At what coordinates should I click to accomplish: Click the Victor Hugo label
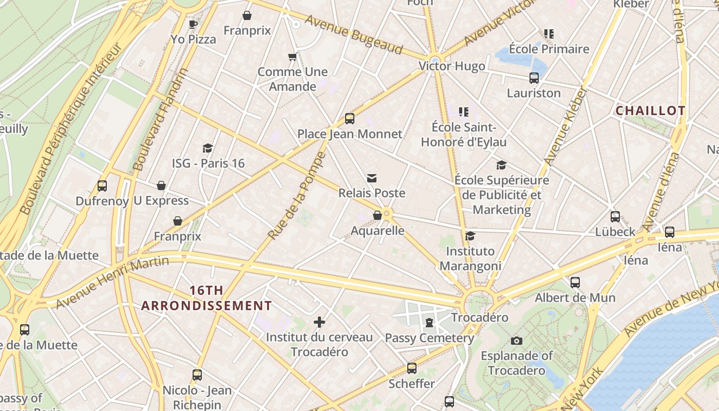pos(451,66)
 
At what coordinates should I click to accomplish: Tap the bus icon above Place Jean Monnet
pos(350,119)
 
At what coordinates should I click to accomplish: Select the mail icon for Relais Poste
pos(372,178)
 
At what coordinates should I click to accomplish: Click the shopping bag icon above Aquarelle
pos(377,215)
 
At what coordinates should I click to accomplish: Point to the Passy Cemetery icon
pos(429,323)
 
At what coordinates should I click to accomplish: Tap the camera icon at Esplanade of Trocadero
pos(517,341)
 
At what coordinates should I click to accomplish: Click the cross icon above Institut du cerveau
pos(319,322)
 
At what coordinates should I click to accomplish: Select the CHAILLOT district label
pos(650,111)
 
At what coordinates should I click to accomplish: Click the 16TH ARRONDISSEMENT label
pos(206,298)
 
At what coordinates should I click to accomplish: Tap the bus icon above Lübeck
pos(615,217)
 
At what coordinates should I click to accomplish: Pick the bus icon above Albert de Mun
pos(575,283)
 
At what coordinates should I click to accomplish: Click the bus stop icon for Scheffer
pos(411,368)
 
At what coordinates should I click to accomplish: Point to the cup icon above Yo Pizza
pos(193,24)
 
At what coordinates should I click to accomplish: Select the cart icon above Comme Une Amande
pos(292,57)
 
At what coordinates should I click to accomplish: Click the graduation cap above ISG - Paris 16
pos(208,148)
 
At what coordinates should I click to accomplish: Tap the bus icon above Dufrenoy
pos(102,186)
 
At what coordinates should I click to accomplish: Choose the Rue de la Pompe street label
pos(297,195)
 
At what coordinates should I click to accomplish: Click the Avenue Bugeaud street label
pos(354,34)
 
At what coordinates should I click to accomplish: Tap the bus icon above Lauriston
pos(534,78)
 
